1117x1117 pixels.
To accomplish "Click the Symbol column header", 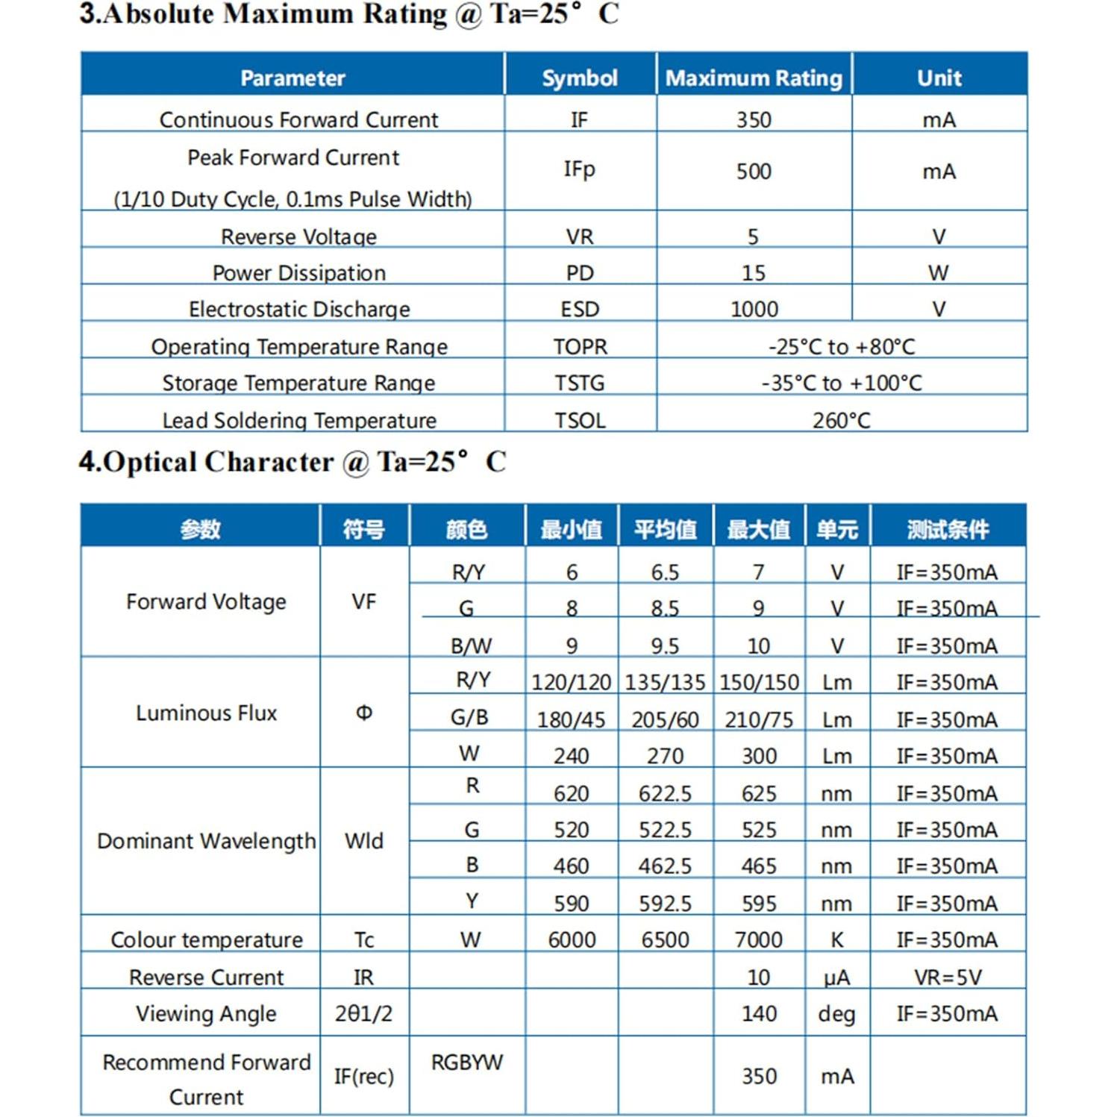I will (x=579, y=78).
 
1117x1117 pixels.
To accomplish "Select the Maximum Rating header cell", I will (x=754, y=78).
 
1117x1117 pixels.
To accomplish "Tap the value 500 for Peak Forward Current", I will (x=754, y=172).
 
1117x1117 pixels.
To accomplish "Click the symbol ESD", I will (x=580, y=309).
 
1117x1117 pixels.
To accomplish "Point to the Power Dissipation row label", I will (x=299, y=273).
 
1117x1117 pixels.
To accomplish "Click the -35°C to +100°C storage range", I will (x=842, y=383).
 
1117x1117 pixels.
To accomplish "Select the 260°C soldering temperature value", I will (x=842, y=421).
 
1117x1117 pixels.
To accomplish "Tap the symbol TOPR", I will (x=580, y=347).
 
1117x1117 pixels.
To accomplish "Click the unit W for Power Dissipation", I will (x=939, y=273).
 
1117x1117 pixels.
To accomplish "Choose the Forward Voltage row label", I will (x=206, y=601).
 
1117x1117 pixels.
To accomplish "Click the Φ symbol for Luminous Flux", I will (x=364, y=713).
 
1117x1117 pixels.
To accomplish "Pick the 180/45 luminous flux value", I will (x=571, y=720).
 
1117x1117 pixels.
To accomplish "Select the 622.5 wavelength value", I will (x=665, y=793).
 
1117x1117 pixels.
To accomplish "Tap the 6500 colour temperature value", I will (x=665, y=939).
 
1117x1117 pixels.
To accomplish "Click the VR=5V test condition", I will (x=948, y=977).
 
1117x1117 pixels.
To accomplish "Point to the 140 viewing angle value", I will (x=759, y=1013).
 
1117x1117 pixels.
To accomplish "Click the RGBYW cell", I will (x=467, y=1062).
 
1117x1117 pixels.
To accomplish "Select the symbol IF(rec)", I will (x=364, y=1076).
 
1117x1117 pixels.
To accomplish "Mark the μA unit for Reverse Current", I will (x=836, y=977).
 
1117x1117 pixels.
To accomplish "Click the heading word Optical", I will (x=153, y=462).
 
